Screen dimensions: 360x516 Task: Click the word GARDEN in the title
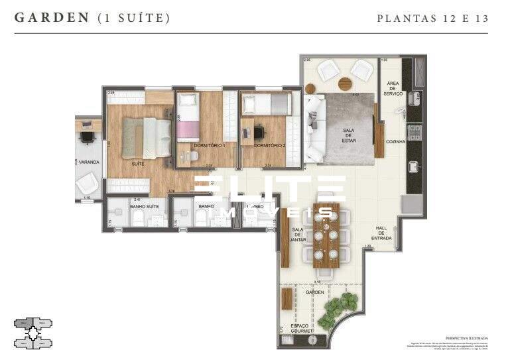(52, 18)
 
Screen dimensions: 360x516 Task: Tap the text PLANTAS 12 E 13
(432, 19)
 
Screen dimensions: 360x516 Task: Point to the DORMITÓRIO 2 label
(269, 145)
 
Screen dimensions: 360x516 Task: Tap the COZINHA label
(396, 142)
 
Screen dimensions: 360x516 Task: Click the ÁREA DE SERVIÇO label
(393, 88)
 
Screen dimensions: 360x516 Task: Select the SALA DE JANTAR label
(297, 235)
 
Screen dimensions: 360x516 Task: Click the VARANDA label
(88, 162)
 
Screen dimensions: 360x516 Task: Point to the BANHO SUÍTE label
(143, 206)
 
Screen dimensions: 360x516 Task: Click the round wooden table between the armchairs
(346, 84)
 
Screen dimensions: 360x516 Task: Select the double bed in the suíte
(147, 138)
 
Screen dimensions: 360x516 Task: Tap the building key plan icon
(33, 333)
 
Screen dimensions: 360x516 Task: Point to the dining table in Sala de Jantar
(326, 235)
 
